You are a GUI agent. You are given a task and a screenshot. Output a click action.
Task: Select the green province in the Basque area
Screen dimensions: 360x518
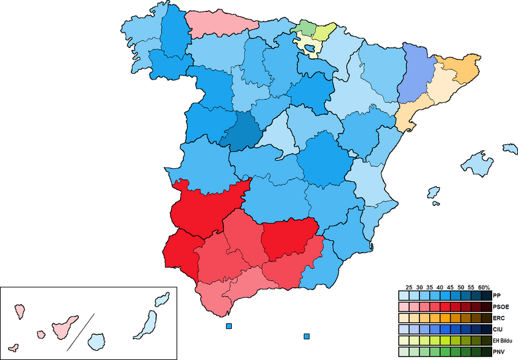tap(301, 27)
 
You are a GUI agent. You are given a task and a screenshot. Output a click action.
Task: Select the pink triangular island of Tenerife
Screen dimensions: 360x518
tap(65, 326)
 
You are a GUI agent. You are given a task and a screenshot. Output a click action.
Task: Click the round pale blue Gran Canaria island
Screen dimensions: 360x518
tap(96, 340)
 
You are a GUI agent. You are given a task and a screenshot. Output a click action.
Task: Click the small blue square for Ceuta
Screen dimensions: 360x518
tap(228, 326)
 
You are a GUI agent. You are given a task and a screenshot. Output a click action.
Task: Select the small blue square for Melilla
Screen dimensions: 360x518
tap(306, 337)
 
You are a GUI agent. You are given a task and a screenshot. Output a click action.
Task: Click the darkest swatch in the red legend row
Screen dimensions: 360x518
tap(486, 306)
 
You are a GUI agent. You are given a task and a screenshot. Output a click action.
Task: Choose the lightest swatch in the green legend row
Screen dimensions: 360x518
tap(403, 351)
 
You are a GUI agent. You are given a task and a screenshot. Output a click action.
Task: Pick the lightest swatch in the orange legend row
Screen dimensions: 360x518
tap(403, 317)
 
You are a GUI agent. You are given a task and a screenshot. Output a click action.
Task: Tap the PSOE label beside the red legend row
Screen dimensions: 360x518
tap(500, 306)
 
